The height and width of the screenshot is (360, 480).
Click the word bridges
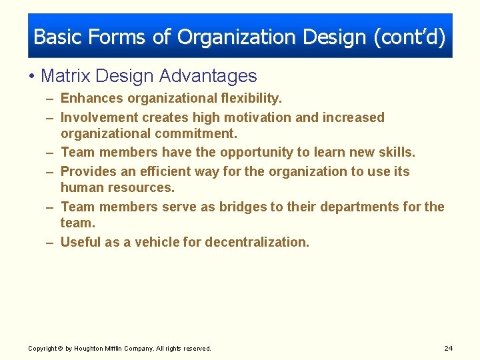tap(243, 207)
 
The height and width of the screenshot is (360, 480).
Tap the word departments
tap(359, 207)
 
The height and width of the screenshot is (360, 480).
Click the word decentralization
tap(257, 242)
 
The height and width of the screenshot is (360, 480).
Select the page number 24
tap(448, 349)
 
